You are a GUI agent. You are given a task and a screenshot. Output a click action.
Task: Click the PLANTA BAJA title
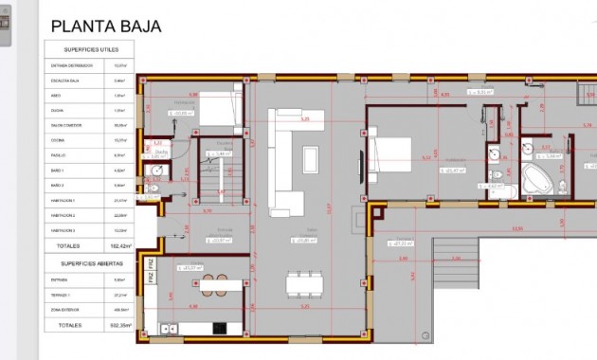click(105, 27)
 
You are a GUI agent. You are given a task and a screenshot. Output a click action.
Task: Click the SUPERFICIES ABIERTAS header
click(91, 263)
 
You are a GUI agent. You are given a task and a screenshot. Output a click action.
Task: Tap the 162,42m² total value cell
click(119, 245)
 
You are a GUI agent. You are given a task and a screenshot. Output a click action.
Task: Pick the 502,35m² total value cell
click(119, 325)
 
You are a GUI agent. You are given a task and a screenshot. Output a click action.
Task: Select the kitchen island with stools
click(214, 284)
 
